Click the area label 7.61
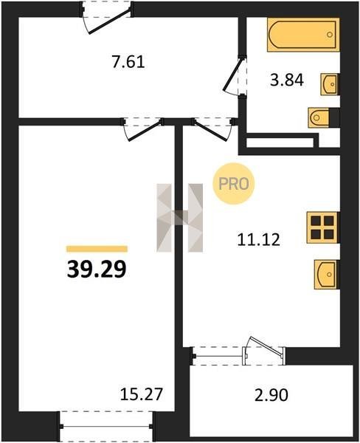[x=128, y=62]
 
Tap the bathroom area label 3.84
[x=287, y=80]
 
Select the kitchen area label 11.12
[x=259, y=240]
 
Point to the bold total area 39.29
[x=97, y=269]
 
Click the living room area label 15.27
[x=142, y=394]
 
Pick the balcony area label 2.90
[x=271, y=395]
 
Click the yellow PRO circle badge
[x=234, y=184]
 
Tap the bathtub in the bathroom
[x=303, y=35]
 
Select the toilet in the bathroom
[x=319, y=117]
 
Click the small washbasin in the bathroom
[x=329, y=84]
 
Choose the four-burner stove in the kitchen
[x=322, y=227]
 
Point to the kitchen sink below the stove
[x=326, y=275]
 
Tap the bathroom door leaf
[x=233, y=74]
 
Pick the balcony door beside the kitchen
[x=266, y=348]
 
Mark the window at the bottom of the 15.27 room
[x=106, y=427]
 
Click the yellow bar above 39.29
[x=97, y=249]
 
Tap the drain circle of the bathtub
[x=330, y=35]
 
